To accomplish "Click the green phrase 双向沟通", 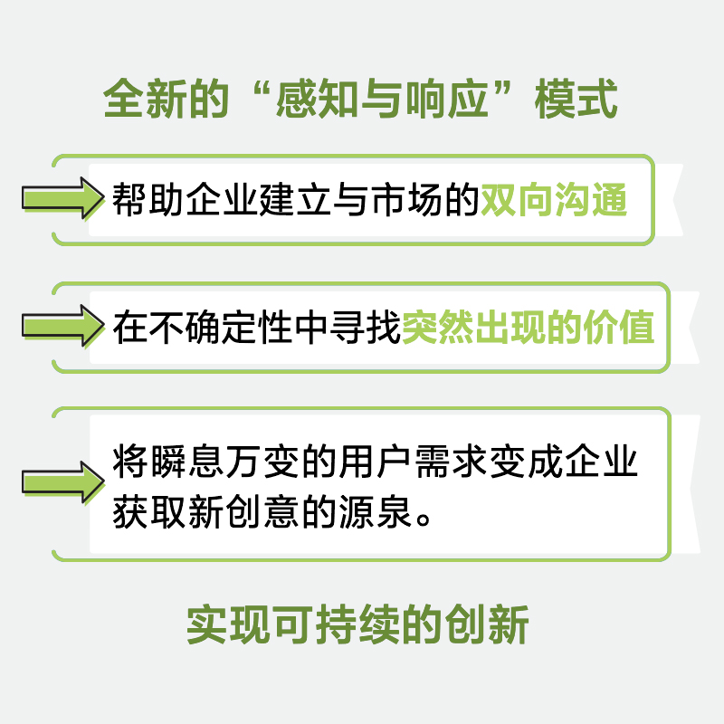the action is click(x=554, y=199).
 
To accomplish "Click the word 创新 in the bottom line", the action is click(x=493, y=626).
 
